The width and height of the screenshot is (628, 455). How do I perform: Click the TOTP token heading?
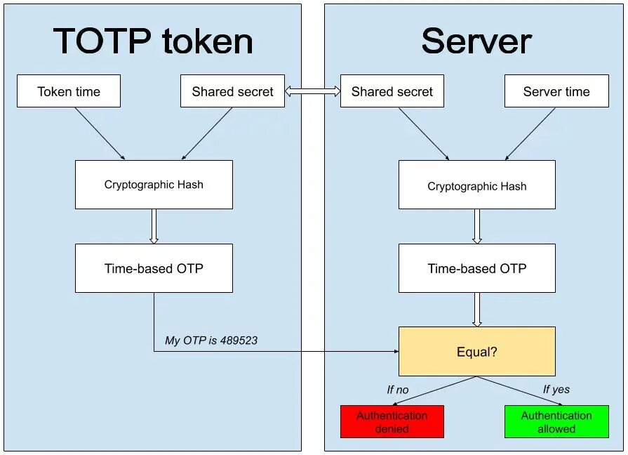coord(153,41)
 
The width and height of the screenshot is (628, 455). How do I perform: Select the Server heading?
coord(476,41)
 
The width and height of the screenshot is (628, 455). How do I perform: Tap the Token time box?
coord(69,91)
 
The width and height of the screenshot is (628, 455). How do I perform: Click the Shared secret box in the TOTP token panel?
coord(232,91)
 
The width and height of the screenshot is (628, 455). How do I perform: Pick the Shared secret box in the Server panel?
coord(392,91)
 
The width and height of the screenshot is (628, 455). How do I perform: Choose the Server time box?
coord(556,91)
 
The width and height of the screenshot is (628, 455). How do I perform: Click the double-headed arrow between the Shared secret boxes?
coord(313,91)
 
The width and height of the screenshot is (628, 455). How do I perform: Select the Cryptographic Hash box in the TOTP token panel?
coord(154,185)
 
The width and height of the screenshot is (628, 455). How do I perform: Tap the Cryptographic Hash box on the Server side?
coord(477,185)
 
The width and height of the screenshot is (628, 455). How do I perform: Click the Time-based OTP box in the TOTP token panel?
coord(154,268)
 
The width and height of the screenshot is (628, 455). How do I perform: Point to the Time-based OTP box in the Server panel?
coord(477,268)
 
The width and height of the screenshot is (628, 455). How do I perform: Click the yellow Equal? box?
coord(477,352)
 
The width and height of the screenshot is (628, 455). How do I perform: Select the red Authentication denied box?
coord(392,422)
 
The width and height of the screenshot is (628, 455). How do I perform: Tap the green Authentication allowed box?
coord(556,422)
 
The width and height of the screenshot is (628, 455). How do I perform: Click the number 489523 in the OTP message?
coord(239,341)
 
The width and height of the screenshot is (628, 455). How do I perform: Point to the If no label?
coord(398,390)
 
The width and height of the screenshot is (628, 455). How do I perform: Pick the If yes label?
coord(556,389)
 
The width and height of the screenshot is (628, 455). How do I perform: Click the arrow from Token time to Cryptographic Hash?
coord(100,133)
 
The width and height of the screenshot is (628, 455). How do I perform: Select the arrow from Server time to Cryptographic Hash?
coord(530,134)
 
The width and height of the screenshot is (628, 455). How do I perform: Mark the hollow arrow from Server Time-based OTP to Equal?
coord(477,310)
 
